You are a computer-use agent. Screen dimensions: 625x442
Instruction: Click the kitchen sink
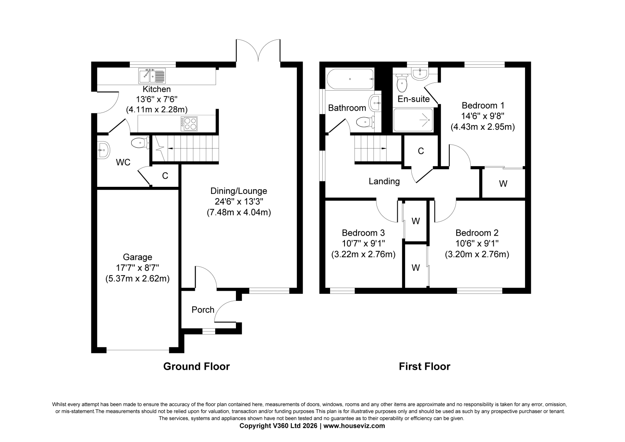[x=152, y=76]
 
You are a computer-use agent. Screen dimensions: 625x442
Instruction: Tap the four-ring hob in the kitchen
[x=189, y=124]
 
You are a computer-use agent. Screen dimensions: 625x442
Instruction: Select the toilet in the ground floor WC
[x=140, y=143]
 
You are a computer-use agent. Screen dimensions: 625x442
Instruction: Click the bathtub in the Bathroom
[x=350, y=79]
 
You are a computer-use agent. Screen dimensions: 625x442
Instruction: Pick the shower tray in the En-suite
[x=413, y=120]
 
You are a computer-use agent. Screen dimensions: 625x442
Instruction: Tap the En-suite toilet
[x=402, y=83]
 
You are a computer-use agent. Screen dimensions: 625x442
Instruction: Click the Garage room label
[x=137, y=257]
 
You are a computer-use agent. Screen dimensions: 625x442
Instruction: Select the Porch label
[x=203, y=310]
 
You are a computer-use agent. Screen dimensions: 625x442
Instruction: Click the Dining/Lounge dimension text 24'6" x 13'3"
[x=239, y=202]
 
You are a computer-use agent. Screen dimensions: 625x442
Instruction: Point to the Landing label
[x=384, y=181]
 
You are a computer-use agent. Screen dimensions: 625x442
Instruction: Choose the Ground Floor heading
[x=196, y=366]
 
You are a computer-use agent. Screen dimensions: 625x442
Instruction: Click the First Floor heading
[x=424, y=366]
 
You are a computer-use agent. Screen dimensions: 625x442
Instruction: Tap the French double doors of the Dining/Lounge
[x=258, y=50]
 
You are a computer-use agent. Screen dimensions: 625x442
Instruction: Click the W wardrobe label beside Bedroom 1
[x=503, y=184]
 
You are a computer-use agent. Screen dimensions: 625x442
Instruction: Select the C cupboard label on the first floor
[x=421, y=151]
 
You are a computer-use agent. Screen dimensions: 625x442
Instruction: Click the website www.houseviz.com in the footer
[x=354, y=426]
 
